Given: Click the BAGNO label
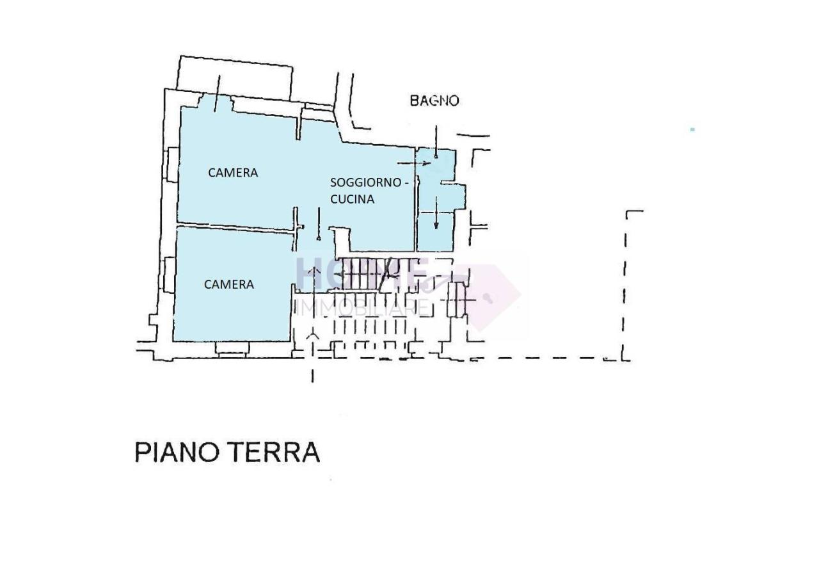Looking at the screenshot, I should [434, 101].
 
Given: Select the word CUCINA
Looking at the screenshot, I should [352, 199].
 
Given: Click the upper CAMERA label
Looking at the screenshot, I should [233, 173].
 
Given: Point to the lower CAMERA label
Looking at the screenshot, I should [228, 284].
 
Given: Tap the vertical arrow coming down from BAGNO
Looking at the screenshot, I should [436, 141].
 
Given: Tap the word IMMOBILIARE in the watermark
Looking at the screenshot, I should [362, 307].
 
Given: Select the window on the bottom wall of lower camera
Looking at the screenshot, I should [232, 348].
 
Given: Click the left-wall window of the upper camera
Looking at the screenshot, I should [171, 165].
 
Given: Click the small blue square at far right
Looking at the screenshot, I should [692, 130].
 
